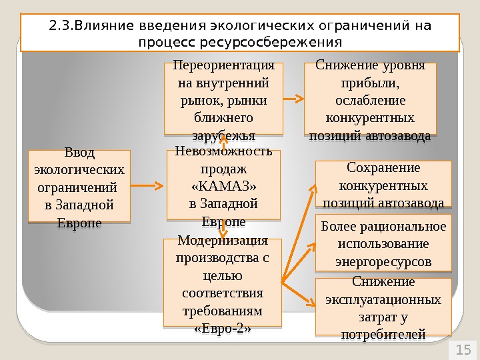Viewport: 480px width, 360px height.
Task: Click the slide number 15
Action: click(x=463, y=349)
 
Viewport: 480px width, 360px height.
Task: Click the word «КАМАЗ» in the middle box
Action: click(x=223, y=185)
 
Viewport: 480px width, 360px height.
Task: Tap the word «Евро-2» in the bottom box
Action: click(x=222, y=329)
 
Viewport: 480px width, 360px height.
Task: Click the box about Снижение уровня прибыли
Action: click(x=370, y=99)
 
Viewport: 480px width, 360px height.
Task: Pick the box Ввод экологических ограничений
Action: click(x=79, y=185)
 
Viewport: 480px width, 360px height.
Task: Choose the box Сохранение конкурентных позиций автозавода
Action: click(x=383, y=184)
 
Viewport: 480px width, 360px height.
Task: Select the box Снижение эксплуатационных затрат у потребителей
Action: click(x=383, y=307)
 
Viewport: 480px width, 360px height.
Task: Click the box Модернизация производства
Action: click(x=222, y=283)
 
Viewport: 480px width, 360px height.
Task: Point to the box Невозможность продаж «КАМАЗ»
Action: click(x=223, y=185)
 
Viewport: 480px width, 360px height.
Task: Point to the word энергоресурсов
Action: click(x=383, y=261)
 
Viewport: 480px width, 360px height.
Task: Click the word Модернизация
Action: click(x=222, y=241)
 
